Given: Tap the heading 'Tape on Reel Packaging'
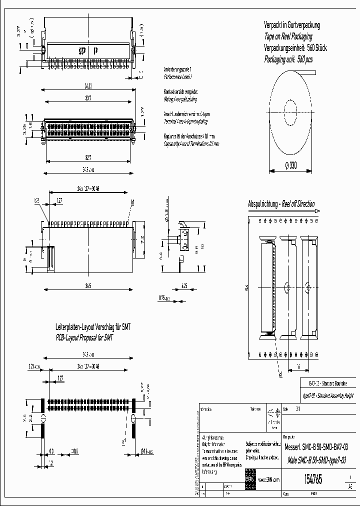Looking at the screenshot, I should pos(288,36).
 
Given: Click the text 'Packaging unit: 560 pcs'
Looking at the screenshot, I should pos(288,58).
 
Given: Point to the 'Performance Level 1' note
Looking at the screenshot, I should pos(178,77).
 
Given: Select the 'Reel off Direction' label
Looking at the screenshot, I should pos(298,204).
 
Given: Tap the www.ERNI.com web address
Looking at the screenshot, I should pos(270,479).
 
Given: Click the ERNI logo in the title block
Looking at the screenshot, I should pos(250,478).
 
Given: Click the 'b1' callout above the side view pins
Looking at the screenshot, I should pos(133,201).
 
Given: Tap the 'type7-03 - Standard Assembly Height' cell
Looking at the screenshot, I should pos(328,394).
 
